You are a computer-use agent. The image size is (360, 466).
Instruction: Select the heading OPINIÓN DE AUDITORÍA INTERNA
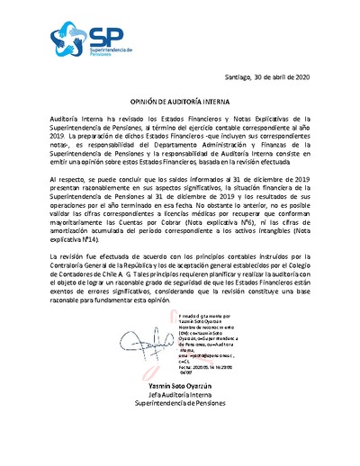pos(180,104)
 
